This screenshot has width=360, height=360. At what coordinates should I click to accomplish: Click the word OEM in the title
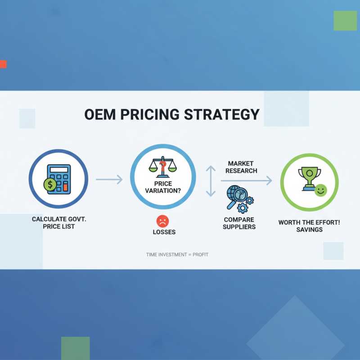[x=100, y=114]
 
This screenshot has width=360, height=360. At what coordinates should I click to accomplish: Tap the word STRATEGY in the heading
[x=222, y=114]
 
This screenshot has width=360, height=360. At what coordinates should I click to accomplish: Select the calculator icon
[x=59, y=179]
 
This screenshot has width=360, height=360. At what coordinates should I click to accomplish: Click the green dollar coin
[x=50, y=184]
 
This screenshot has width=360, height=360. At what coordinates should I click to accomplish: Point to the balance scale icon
[x=163, y=167]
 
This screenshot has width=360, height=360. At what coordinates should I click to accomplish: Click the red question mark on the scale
[x=163, y=166]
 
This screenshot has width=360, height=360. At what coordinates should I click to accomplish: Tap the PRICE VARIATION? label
[x=163, y=187]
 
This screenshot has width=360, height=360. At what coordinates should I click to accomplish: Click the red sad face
[x=162, y=221]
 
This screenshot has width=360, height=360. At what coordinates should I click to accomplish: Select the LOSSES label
[x=164, y=232]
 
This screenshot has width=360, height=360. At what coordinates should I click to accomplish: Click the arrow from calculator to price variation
[x=109, y=180]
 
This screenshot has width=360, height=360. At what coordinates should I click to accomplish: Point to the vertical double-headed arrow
[x=211, y=181]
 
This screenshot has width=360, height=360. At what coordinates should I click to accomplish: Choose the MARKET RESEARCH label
[x=241, y=167]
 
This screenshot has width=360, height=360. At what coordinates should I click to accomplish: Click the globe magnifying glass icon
[x=240, y=199]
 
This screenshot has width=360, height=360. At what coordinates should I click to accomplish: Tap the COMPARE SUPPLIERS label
[x=239, y=223]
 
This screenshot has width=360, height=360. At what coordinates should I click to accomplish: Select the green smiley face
[x=320, y=190]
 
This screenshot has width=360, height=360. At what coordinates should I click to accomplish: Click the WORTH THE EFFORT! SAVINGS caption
[x=309, y=226]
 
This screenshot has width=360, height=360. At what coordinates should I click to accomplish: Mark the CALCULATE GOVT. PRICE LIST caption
[x=59, y=223]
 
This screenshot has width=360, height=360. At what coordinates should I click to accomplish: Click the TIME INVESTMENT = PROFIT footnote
[x=177, y=255]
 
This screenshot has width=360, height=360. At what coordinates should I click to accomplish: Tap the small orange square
[x=3, y=64]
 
